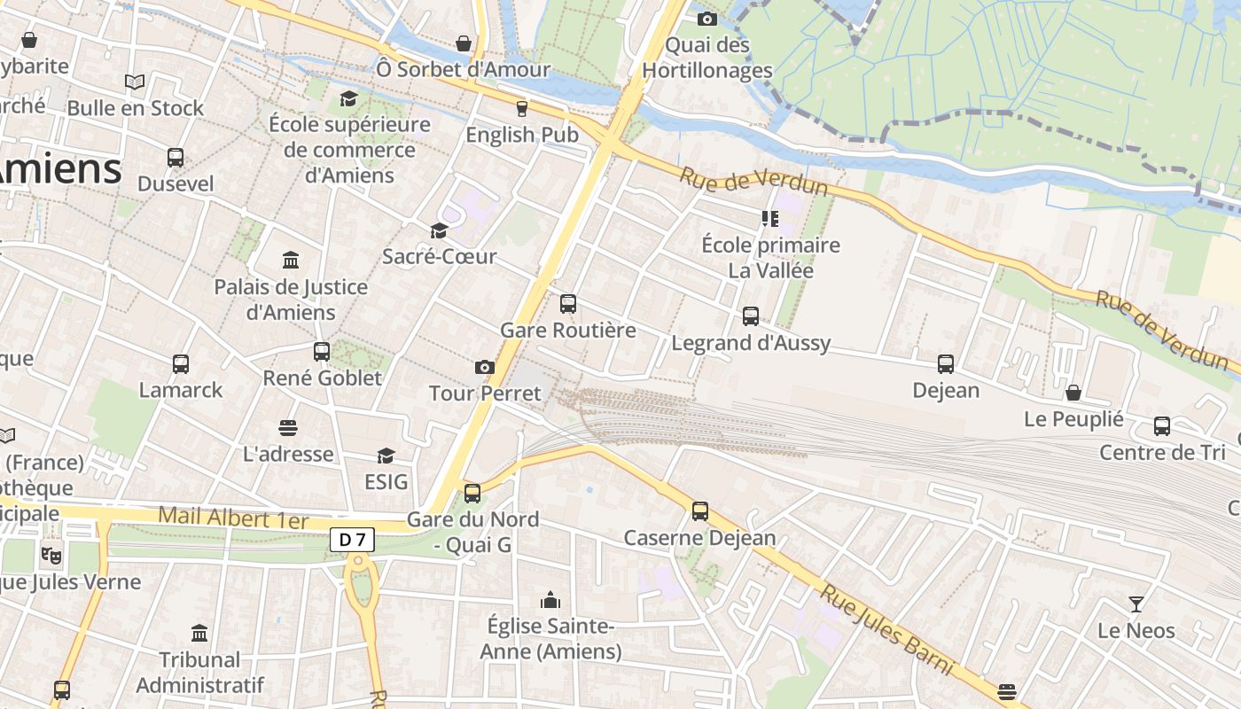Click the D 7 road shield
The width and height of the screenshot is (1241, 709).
(x=353, y=539)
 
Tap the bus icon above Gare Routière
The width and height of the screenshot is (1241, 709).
(x=568, y=304)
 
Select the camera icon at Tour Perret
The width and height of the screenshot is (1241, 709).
(x=485, y=367)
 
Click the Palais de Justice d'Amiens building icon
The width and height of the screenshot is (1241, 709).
(x=291, y=260)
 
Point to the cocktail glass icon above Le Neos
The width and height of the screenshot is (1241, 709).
(x=1136, y=604)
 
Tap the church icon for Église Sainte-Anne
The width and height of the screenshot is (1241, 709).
(x=550, y=600)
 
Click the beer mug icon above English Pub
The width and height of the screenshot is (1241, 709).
(x=522, y=108)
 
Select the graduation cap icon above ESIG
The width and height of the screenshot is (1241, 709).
(x=386, y=456)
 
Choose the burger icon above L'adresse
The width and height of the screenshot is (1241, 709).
(x=288, y=428)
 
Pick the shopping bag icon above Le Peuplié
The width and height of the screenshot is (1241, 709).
(x=1073, y=393)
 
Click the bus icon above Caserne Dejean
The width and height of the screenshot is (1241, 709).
(x=700, y=511)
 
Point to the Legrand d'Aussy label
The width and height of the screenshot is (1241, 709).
(x=751, y=343)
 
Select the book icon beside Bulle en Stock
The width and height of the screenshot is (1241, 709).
(x=135, y=82)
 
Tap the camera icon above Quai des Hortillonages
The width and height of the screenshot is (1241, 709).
(x=706, y=19)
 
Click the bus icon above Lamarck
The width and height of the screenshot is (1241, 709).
(x=181, y=363)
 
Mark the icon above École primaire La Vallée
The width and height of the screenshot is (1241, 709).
(x=769, y=218)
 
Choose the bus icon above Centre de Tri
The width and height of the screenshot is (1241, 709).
(x=1162, y=426)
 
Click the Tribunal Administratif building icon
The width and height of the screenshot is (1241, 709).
(x=199, y=634)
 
